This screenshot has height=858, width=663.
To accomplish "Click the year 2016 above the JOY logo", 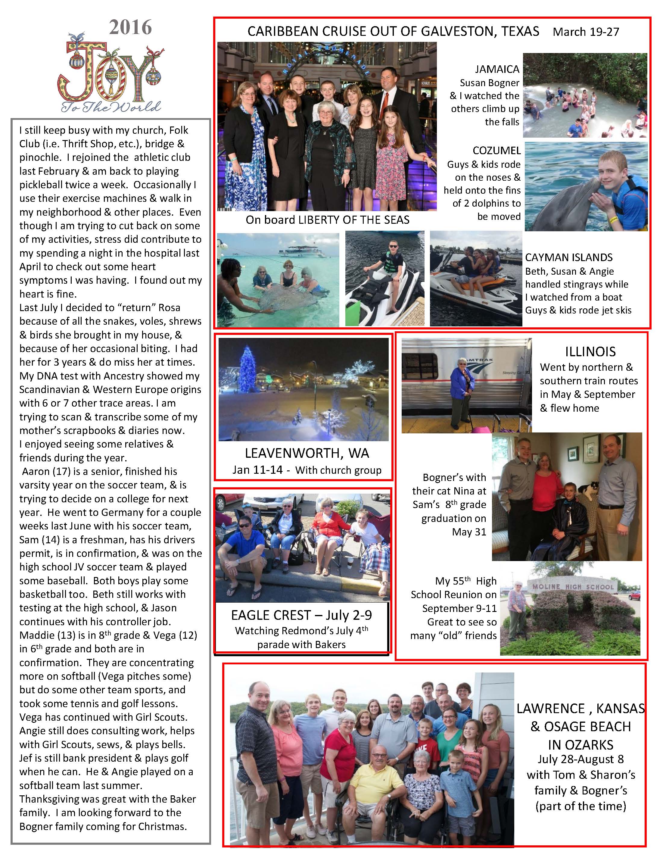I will pyautogui.click(x=130, y=27).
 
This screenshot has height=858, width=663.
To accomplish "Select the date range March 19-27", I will pyautogui.click(x=586, y=32).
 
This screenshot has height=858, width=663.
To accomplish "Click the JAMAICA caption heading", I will pyautogui.click(x=497, y=69).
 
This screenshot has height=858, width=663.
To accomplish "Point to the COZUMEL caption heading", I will pyautogui.click(x=496, y=151).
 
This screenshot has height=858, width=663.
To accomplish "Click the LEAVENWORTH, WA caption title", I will pyautogui.click(x=307, y=453).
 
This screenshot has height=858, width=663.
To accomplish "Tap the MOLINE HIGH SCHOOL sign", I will pyautogui.click(x=573, y=587).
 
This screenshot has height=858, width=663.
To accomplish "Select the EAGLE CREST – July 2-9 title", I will pyautogui.click(x=301, y=615).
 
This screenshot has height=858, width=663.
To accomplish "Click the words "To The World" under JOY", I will pyautogui.click(x=111, y=107).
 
